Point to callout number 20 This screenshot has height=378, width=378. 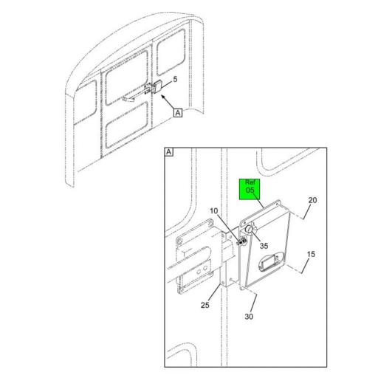[x=312, y=201]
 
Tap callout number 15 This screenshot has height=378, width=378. [x=311, y=254]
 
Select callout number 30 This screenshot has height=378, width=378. [x=249, y=317]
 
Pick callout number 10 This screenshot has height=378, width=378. [x=214, y=211]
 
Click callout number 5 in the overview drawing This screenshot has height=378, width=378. [x=175, y=78]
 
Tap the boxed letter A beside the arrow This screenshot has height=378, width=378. [x=177, y=113]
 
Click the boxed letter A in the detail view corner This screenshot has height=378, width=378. [x=169, y=152]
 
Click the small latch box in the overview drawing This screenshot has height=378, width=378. [x=157, y=87]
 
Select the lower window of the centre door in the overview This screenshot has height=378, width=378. [x=127, y=122]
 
